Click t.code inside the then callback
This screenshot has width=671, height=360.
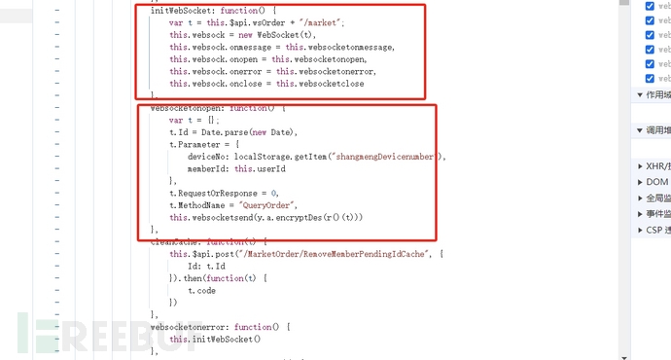[201, 291]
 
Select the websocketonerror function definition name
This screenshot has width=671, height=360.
[193, 327]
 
